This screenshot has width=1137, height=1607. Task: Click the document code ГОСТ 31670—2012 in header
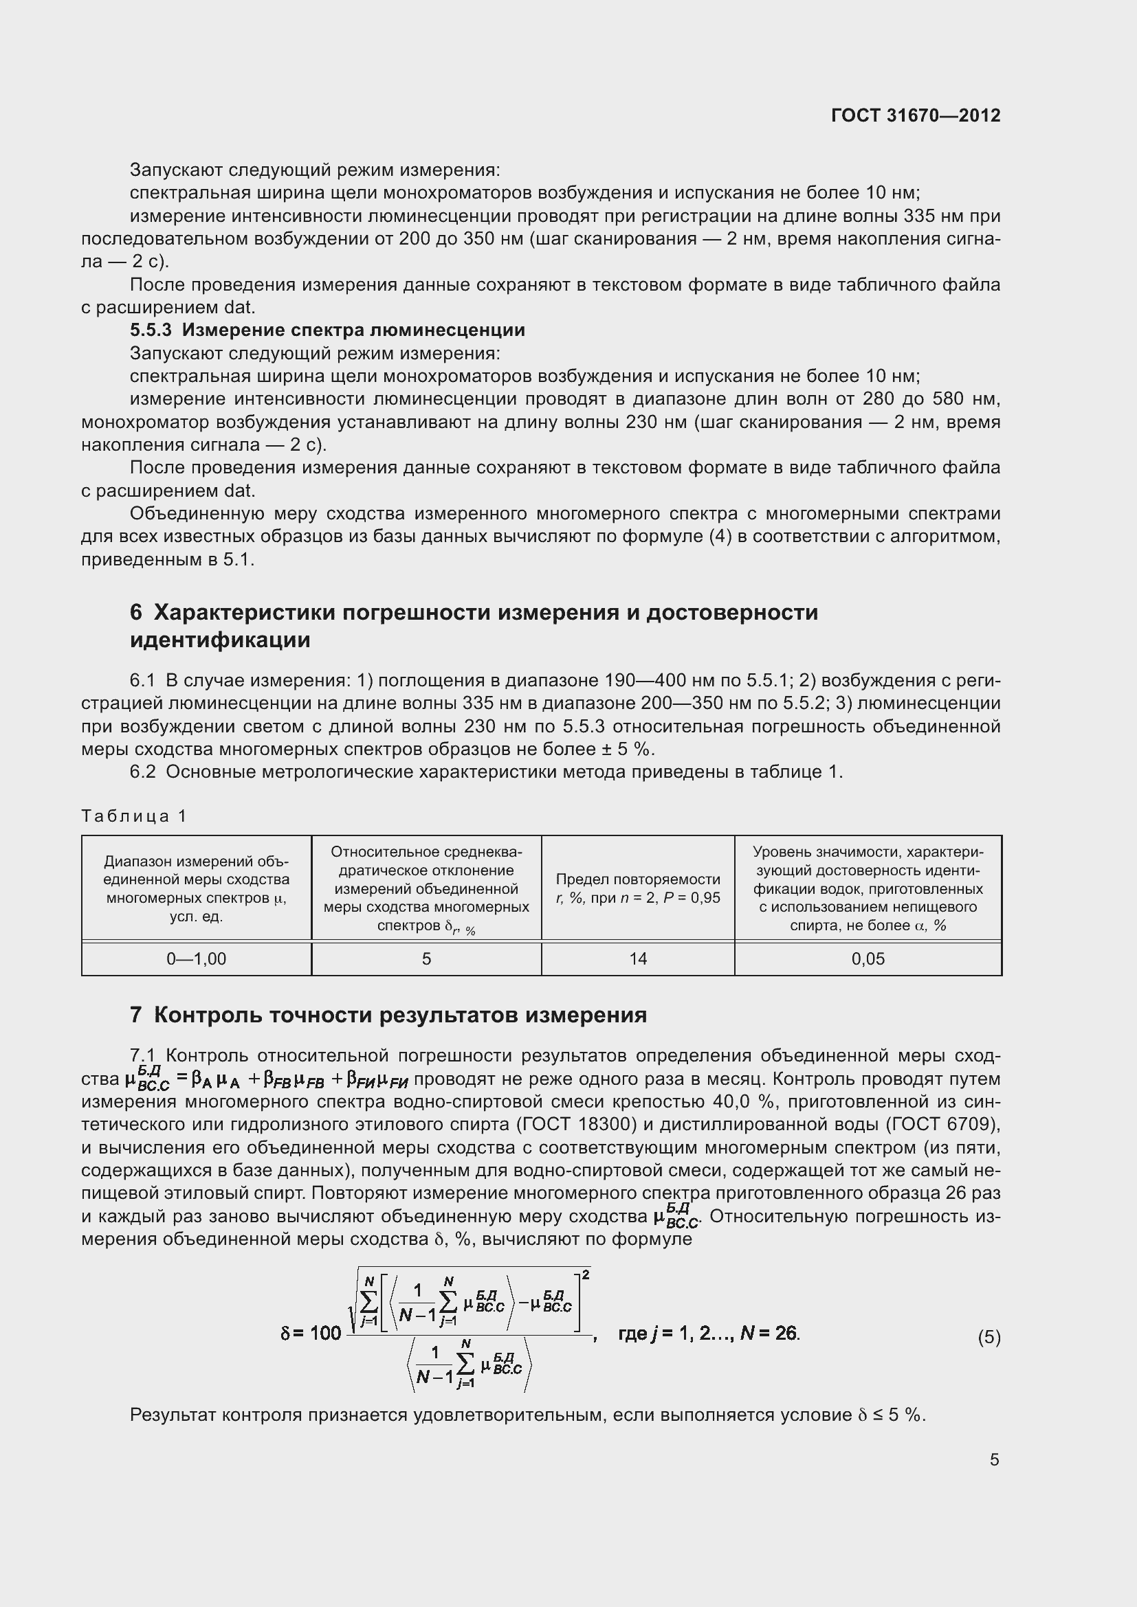tap(916, 115)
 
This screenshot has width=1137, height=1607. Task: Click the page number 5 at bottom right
tap(994, 1459)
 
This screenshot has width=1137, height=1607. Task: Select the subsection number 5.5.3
tap(151, 330)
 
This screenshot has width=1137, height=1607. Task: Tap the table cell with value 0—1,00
tap(196, 959)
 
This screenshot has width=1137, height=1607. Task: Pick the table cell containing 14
tap(638, 959)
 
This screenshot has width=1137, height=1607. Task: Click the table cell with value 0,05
tap(868, 959)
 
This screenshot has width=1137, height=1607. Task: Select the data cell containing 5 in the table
tap(426, 959)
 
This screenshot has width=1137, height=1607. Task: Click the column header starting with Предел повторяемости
tap(638, 888)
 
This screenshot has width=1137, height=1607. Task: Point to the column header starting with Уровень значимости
tap(868, 888)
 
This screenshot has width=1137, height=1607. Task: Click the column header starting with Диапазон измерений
tap(196, 888)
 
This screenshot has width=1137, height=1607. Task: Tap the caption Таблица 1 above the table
tap(134, 816)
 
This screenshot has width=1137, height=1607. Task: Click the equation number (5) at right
tap(989, 1338)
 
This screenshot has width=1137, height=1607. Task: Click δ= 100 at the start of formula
tap(310, 1334)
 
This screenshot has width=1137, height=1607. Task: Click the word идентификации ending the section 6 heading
tap(220, 640)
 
